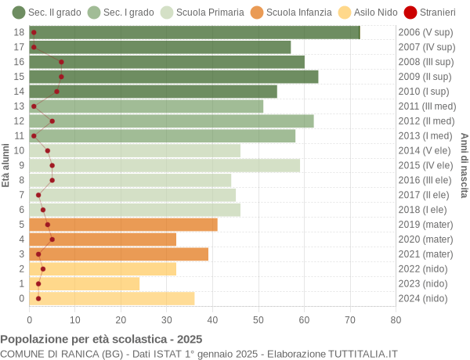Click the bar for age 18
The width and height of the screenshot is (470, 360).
tap(194, 32)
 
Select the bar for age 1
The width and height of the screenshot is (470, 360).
tap(85, 283)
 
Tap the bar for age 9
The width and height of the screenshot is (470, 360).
tap(164, 165)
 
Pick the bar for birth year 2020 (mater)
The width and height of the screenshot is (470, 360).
tap(103, 239)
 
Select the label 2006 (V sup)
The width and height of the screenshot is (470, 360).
tap(425, 32)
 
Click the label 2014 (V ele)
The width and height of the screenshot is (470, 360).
tap(425, 150)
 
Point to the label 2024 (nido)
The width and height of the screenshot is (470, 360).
tap(423, 298)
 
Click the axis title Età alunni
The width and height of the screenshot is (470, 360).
tap(6, 165)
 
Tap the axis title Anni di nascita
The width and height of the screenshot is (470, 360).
tap(464, 165)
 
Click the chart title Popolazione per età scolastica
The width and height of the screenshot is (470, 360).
tap(101, 340)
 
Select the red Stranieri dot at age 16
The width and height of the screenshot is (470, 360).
tap(61, 62)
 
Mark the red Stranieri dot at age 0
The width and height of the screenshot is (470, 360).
tap(38, 298)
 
